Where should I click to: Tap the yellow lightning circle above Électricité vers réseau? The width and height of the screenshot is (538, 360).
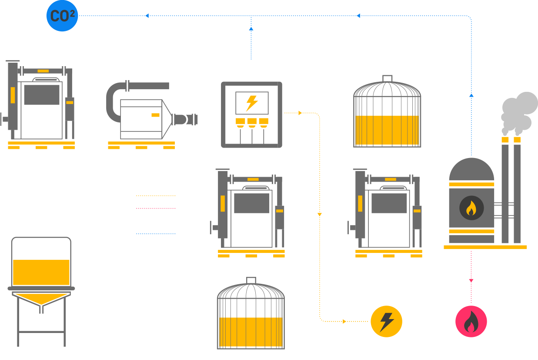[386, 322]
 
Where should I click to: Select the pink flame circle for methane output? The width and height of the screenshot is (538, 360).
[471, 322]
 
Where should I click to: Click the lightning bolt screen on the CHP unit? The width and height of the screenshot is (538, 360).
[251, 103]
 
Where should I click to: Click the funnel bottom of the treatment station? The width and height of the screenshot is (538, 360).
[42, 300]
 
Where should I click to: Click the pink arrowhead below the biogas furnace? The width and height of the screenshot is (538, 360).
[471, 281]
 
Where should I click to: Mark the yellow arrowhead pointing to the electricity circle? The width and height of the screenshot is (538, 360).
[344, 322]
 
